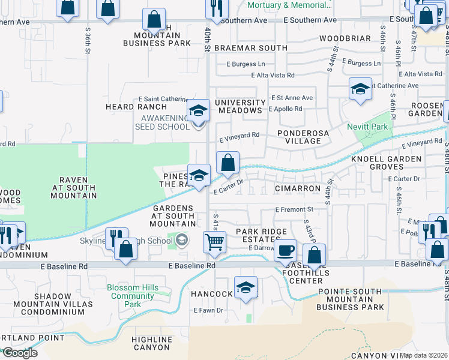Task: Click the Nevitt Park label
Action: click(367, 127)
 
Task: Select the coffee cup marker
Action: click(285, 249)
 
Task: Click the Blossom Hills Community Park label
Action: click(133, 296)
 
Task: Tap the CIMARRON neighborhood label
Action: click(298, 188)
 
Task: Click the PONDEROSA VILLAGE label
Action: click(299, 137)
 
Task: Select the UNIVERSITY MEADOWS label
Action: click(240, 106)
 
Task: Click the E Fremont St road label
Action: click(294, 209)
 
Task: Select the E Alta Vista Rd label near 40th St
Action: click(273, 75)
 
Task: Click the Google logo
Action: click(20, 352)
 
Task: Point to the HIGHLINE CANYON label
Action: click(151, 343)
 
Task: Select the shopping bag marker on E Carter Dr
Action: click(228, 162)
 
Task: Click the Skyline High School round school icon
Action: click(182, 241)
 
